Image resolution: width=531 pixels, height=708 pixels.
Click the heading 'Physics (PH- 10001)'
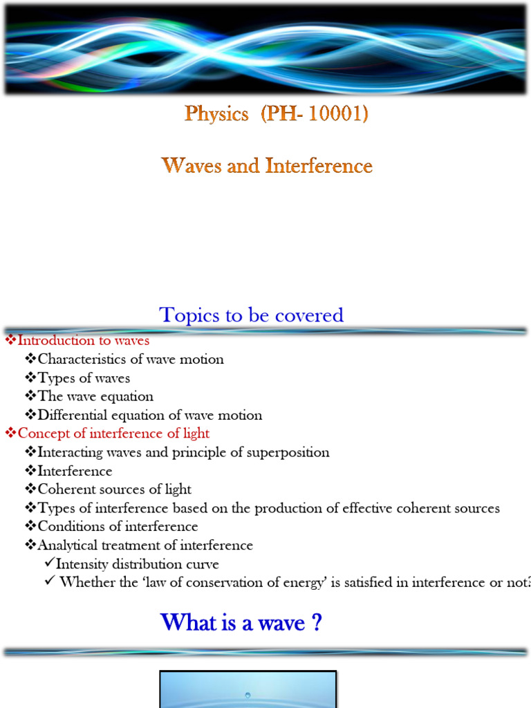coord(276,114)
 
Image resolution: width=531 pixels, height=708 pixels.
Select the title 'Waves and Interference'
coord(267,166)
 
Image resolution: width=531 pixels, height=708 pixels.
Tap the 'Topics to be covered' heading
coord(252,315)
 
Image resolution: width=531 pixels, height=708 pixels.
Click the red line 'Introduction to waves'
coord(83,340)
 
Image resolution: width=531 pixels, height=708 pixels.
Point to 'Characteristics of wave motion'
coord(131,359)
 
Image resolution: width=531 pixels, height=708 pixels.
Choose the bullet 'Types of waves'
coord(84,378)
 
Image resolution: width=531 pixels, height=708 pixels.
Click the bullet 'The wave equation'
coord(95,397)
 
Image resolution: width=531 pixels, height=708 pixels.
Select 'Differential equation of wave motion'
coord(150,416)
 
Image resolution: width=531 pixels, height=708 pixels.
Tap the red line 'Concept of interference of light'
coord(113,434)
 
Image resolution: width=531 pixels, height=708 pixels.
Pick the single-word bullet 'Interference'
coord(75,471)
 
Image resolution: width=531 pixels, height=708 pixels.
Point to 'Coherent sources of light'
coord(114,490)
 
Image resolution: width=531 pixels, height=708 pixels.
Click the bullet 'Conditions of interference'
coord(118,527)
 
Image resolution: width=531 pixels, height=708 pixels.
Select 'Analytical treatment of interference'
coord(145,546)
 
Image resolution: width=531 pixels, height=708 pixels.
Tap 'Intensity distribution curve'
coord(137,564)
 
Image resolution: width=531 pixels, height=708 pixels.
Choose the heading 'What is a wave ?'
coord(241,623)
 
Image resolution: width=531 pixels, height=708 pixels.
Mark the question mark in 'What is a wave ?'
coord(316,623)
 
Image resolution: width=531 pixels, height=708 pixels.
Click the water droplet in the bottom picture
coord(248,695)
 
